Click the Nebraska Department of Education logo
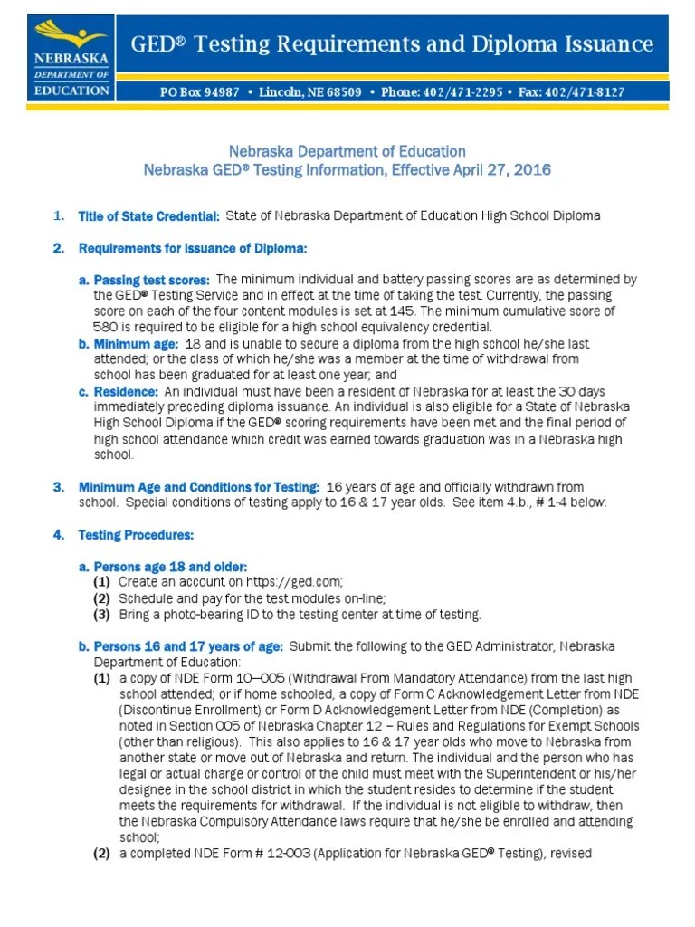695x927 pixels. pos(71,57)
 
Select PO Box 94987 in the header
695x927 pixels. pos(200,92)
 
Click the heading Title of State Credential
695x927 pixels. pos(149,216)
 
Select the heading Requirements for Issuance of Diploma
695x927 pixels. pos(193,248)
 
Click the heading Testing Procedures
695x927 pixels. pos(136,535)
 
